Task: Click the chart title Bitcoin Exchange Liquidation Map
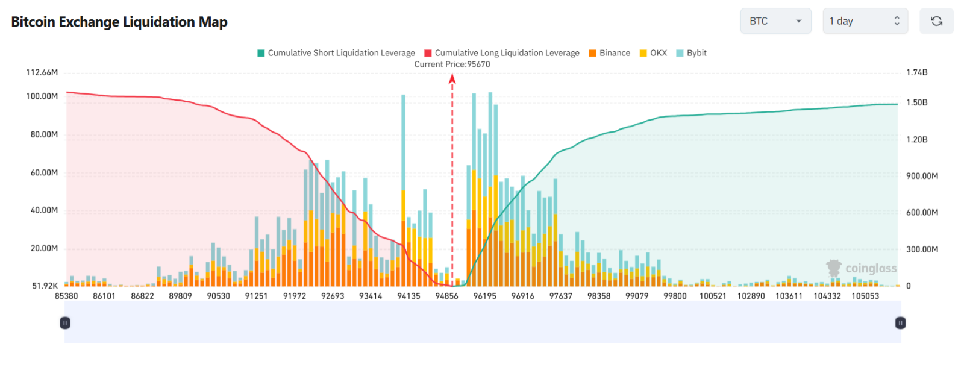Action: tap(119, 22)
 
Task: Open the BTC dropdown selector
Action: tap(775, 21)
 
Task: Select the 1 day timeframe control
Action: tap(865, 21)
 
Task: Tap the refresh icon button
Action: tap(936, 21)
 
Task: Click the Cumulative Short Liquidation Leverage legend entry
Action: tap(336, 53)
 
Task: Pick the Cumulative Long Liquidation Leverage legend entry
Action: tap(502, 53)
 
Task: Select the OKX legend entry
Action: tap(653, 53)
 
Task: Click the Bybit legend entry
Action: tap(692, 53)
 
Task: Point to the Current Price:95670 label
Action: tap(452, 64)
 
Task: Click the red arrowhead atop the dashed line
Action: tap(452, 78)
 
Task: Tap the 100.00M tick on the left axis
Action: tap(42, 96)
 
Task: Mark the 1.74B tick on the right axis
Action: tap(917, 72)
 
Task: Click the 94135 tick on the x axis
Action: tap(408, 296)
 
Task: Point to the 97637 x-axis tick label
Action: tap(561, 296)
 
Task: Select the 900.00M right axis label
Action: tap(922, 176)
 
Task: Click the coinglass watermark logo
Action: tap(861, 269)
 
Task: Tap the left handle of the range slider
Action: tap(65, 323)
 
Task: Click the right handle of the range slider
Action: tap(900, 323)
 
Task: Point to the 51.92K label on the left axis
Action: tap(45, 286)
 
